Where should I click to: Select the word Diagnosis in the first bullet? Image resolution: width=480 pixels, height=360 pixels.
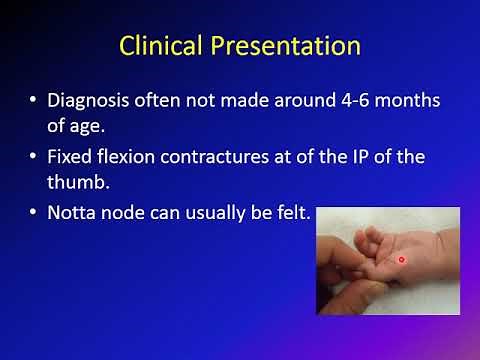tap(94, 101)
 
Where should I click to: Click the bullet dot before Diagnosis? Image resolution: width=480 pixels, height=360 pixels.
tap(38, 102)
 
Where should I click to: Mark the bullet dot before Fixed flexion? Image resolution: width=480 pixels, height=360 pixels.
tap(38, 158)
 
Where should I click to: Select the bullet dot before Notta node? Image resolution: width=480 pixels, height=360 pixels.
tap(38, 213)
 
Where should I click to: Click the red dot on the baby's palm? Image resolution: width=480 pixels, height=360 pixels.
tap(400, 259)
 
